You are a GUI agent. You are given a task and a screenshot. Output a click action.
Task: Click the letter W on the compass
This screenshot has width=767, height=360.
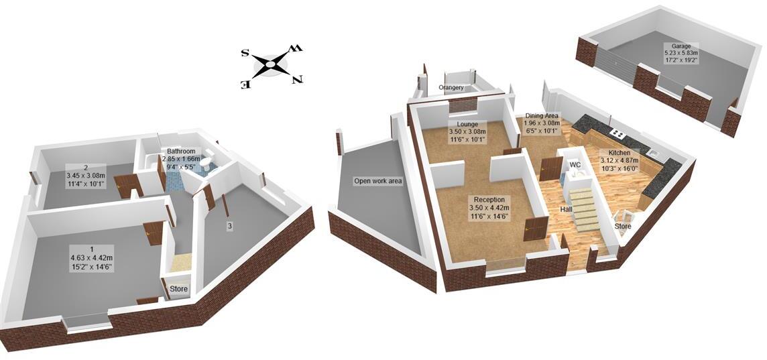click(x=295, y=48)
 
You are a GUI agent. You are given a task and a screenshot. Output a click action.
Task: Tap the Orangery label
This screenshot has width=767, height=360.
click(x=451, y=88)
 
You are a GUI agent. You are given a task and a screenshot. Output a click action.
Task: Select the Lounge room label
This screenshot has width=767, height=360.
click(x=467, y=125)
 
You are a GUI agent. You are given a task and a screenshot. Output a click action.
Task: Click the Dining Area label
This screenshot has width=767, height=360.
click(x=542, y=116)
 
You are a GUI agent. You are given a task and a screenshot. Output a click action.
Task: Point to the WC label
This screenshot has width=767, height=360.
click(x=575, y=164)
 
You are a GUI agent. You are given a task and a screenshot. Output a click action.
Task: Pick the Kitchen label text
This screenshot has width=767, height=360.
click(x=619, y=154)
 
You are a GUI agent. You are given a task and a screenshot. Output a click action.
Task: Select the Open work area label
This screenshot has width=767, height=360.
click(x=379, y=181)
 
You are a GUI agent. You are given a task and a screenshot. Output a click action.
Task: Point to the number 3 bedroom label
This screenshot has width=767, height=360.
click(x=229, y=227)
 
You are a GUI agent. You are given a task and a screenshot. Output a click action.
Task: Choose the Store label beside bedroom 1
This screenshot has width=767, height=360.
click(x=178, y=289)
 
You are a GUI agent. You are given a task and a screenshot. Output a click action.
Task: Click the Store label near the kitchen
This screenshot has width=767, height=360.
click(x=624, y=227)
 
